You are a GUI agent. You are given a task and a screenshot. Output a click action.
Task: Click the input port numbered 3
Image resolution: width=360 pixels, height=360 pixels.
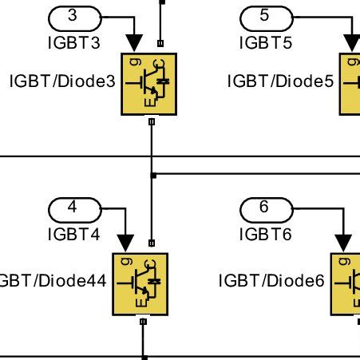click(x=74, y=16)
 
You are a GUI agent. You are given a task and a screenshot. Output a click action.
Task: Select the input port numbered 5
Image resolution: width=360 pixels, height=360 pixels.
click(x=266, y=16)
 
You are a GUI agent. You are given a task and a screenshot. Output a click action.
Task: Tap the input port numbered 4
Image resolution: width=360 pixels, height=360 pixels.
click(x=74, y=208)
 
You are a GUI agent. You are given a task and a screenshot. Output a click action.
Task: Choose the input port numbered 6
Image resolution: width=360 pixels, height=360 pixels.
click(x=266, y=208)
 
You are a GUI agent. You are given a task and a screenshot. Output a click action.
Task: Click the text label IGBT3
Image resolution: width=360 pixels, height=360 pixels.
click(x=74, y=43)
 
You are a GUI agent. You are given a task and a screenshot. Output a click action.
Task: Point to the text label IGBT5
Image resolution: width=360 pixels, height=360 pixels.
click(x=266, y=43)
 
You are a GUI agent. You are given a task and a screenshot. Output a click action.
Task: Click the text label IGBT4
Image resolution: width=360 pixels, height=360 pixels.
click(x=74, y=235)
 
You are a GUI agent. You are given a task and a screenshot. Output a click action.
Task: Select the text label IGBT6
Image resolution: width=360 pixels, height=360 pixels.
click(x=266, y=235)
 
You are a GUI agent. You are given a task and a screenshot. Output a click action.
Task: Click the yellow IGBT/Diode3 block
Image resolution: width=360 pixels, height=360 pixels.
click(x=148, y=84)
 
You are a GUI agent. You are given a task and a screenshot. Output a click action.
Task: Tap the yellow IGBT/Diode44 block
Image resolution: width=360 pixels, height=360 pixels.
click(x=140, y=284)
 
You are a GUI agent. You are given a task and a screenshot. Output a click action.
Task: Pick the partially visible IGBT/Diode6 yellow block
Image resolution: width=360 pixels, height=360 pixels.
click(x=346, y=284)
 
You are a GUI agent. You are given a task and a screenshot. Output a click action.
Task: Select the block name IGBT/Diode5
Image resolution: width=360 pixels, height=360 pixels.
click(x=280, y=81)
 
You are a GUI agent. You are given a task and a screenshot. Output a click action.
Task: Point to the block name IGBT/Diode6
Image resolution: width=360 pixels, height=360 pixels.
click(x=272, y=281)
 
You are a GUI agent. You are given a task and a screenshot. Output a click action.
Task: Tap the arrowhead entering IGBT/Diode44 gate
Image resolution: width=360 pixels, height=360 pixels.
click(x=125, y=242)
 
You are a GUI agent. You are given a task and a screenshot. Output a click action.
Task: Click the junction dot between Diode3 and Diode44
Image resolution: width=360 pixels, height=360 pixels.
click(x=152, y=173)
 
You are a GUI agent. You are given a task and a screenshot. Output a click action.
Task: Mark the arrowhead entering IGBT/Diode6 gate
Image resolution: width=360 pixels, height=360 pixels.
click(x=343, y=242)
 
